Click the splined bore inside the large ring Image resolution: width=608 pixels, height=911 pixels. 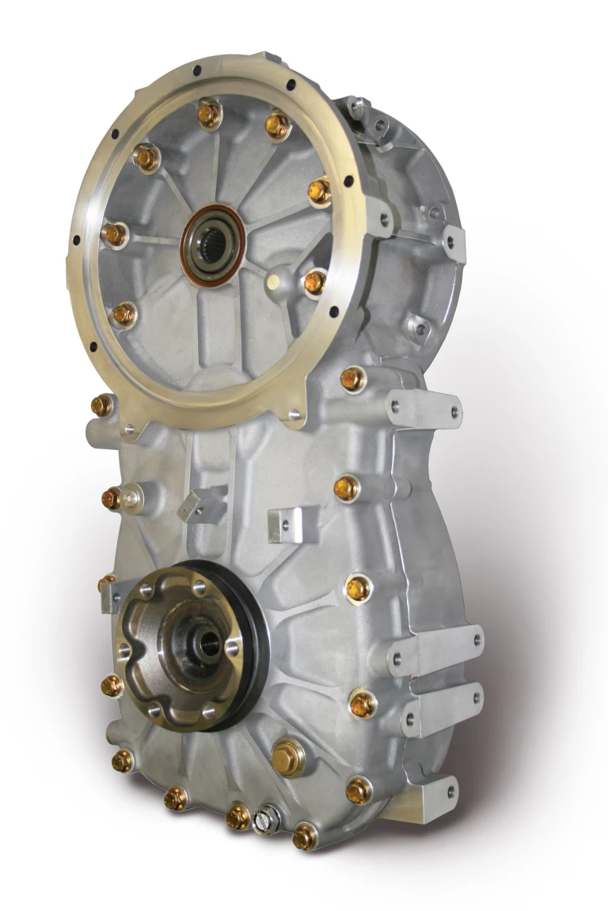click(213, 243)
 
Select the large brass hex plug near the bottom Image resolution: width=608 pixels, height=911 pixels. click(287, 758)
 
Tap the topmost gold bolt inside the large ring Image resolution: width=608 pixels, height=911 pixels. click(209, 115)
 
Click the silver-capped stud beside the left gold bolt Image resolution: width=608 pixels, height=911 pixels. click(131, 498)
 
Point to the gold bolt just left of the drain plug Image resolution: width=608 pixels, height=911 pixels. click(238, 817)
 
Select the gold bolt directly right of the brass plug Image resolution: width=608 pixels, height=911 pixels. click(359, 789)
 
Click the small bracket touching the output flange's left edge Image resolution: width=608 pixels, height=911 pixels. click(111, 594)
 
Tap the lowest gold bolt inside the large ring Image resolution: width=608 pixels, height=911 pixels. click(124, 315)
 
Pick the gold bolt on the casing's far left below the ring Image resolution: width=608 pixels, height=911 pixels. click(102, 406)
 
